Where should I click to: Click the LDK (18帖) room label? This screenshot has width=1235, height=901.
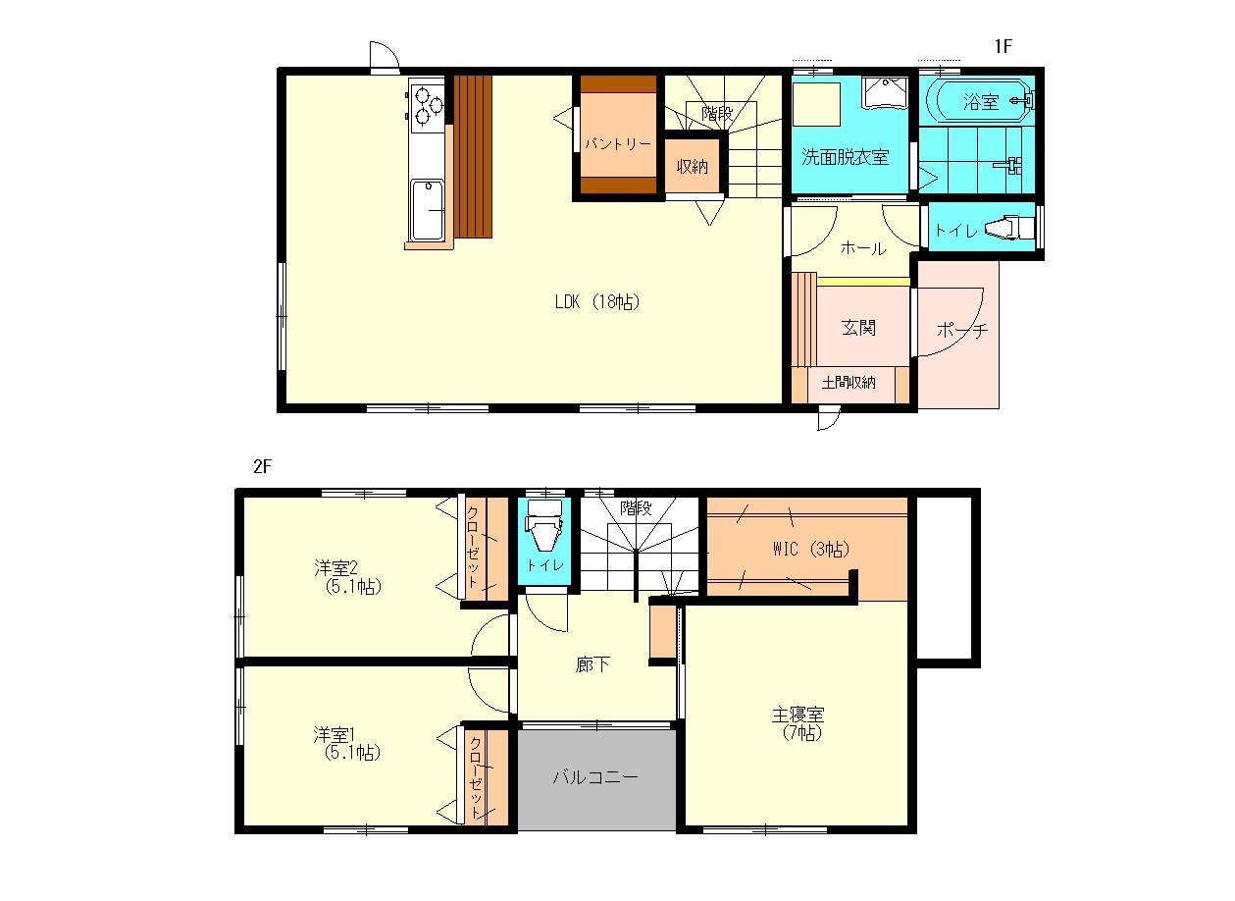click(x=597, y=301)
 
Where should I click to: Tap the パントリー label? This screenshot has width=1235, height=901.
click(x=618, y=144)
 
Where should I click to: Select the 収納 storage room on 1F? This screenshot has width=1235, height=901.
click(x=692, y=166)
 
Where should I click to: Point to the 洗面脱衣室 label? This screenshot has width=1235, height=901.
click(x=846, y=157)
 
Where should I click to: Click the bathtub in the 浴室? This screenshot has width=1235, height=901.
click(x=979, y=101)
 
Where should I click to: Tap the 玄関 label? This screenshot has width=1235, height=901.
click(x=859, y=328)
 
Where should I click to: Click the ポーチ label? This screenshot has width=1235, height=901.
click(x=962, y=331)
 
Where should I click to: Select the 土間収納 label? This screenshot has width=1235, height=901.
click(x=849, y=383)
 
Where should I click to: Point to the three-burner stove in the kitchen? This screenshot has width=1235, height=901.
click(x=427, y=105)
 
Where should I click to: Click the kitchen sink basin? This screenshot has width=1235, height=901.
click(x=428, y=210)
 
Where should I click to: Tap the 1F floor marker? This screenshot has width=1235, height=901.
click(x=1003, y=46)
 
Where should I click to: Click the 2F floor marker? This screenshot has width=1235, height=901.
click(x=263, y=467)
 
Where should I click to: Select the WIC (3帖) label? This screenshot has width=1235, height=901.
click(x=810, y=549)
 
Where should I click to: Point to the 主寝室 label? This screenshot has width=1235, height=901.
click(x=798, y=715)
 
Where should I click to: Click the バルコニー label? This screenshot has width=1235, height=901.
click(x=595, y=777)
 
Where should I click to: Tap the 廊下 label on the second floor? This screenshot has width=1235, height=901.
click(x=592, y=664)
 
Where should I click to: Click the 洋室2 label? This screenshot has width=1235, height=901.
click(x=335, y=567)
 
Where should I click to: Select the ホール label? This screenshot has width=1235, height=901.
click(x=863, y=248)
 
